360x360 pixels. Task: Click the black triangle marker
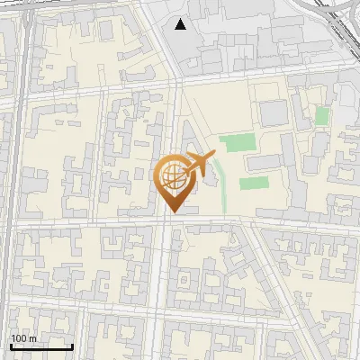tap(181, 24)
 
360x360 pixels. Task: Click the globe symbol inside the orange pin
tap(172, 177)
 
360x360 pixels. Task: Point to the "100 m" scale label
tap(23, 338)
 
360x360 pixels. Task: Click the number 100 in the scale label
tap(19, 338)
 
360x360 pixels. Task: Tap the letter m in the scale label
tap(32, 338)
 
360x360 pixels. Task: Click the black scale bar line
tap(41, 347)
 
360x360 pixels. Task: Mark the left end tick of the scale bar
tap(11, 346)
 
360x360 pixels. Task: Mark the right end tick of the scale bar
tap(72, 346)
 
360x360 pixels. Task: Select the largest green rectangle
tap(238, 142)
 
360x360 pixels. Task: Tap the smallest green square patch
tap(321, 116)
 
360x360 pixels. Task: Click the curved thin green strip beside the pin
tap(222, 189)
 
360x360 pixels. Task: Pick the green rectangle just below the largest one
tap(254, 183)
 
